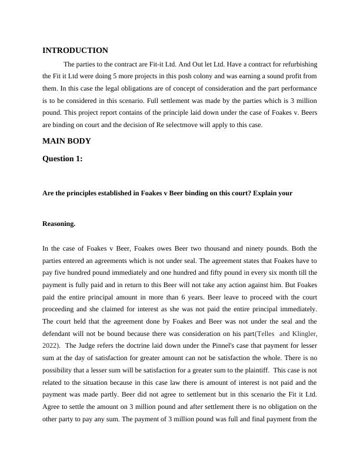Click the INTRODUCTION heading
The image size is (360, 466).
(75, 51)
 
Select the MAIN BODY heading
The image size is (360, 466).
(66, 141)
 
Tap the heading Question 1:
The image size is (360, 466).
(63, 157)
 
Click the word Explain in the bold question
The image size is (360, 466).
(268, 193)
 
